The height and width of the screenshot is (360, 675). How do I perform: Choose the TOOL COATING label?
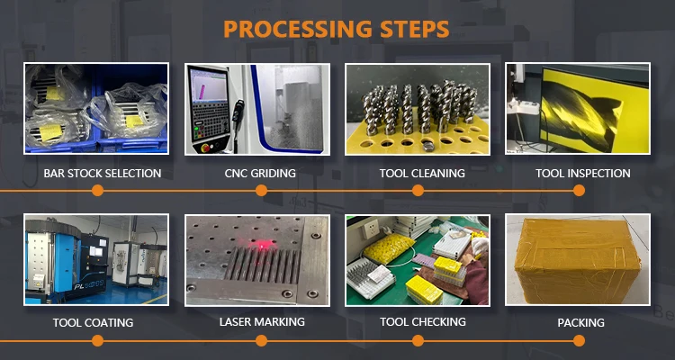94,322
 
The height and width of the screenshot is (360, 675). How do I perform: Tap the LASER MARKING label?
262,321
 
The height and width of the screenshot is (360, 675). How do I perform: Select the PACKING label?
580,322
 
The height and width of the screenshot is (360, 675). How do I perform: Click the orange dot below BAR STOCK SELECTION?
97,191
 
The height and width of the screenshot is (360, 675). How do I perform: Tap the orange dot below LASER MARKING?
261,340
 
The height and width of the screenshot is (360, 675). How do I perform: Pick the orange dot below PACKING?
580,340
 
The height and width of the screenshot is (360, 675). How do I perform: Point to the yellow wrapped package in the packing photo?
578,261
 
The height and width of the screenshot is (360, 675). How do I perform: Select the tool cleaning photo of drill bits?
418,109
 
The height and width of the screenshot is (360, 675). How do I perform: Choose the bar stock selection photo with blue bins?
95,109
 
